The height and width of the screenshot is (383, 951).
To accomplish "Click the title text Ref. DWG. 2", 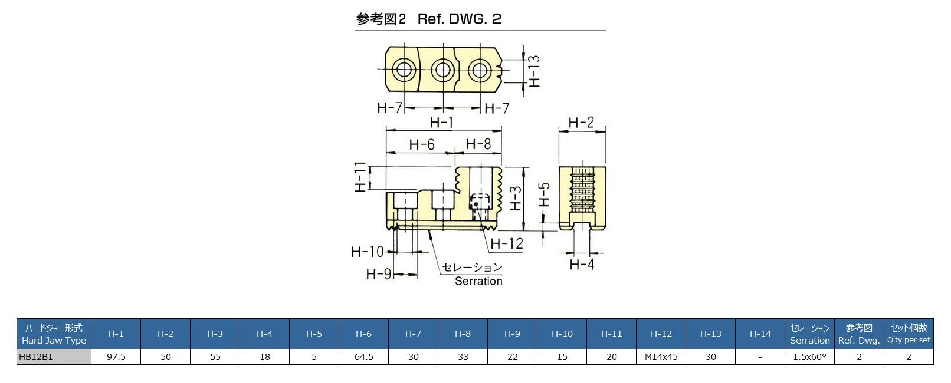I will pos(459,19).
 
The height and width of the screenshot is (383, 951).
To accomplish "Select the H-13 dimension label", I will pos(534,71).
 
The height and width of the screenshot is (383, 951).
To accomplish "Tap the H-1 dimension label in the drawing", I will pos(441,123).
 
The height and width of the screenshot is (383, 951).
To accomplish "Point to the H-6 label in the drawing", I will pos(422,144).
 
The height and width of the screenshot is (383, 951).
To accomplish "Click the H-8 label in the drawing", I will pos(478,144).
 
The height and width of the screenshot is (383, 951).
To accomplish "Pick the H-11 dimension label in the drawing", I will pos(360,177).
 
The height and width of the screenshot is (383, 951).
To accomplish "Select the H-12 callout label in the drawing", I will pos(507,243).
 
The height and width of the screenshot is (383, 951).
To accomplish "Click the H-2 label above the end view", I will pos(581,123).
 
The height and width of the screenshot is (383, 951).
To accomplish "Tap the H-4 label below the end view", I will pos(582,265).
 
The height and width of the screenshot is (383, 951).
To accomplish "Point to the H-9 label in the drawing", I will pos(378,274).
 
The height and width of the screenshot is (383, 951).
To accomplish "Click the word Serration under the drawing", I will pos(478,281).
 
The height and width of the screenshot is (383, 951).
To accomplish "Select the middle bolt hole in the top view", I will pos(442,70).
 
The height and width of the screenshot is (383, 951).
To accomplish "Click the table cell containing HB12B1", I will pos(54,356).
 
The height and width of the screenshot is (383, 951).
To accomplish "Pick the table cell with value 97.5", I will pos(116,356).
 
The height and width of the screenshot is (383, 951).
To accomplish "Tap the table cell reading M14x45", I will pos(661,356).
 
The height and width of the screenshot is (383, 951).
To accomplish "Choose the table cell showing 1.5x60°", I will pos(809,356).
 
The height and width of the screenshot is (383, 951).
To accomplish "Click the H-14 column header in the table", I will pos(760,334).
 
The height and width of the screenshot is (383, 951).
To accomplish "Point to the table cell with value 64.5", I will pos(363,356).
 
